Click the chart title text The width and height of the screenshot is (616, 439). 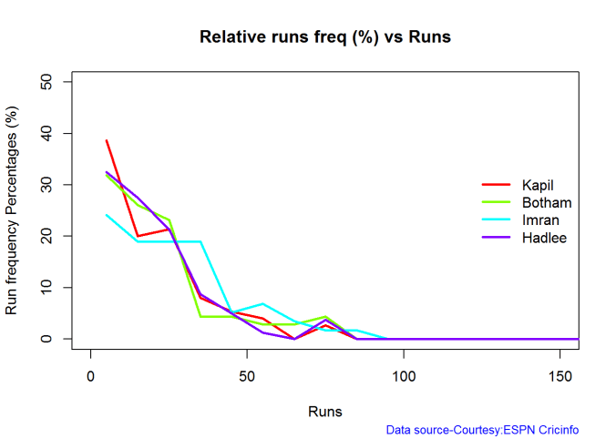325,38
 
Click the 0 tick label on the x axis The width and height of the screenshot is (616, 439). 91,375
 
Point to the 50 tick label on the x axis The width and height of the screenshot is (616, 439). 247,375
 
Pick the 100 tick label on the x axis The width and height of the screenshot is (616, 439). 404,375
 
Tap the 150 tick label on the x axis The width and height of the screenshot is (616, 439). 560,375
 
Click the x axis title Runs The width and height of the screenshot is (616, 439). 325,411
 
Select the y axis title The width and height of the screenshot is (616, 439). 13,210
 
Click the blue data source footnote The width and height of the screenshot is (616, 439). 482,429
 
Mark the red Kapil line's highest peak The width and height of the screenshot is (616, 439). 107,140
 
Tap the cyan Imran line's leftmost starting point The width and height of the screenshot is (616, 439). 107,215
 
